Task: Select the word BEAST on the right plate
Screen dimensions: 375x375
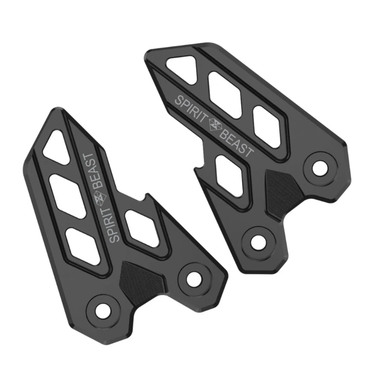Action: [237, 144]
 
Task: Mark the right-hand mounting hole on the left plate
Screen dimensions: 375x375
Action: [193, 278]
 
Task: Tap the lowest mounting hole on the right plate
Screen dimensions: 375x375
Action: [257, 242]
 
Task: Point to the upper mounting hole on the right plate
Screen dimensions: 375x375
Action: [320, 167]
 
